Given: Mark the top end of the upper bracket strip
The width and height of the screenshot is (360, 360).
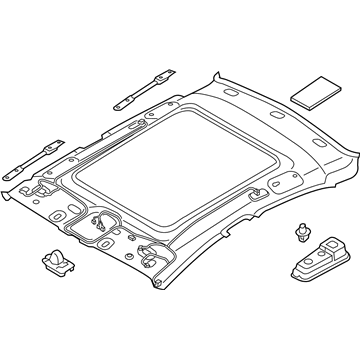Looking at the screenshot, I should click(x=165, y=69).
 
